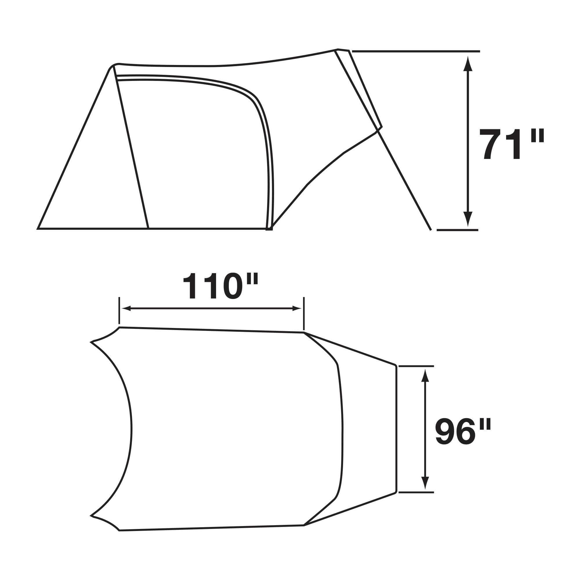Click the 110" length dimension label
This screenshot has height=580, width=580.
221,286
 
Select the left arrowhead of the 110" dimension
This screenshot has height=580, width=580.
126,308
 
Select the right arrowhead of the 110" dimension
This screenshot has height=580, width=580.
297,308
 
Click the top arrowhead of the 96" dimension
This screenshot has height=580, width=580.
425,376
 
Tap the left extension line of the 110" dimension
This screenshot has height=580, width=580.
119,310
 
